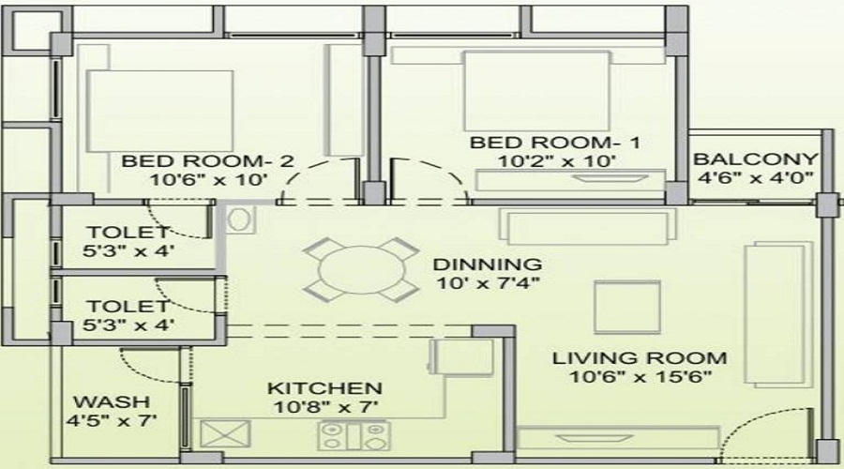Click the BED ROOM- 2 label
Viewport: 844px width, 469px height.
tap(208, 161)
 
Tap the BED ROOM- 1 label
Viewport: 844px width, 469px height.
tap(555, 143)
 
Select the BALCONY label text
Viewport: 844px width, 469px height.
tap(755, 159)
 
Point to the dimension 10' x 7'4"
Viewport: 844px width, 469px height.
tap(488, 282)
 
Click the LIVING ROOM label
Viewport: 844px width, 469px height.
tap(640, 358)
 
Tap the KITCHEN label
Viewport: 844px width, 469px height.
tap(325, 388)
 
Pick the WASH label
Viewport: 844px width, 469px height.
tap(112, 401)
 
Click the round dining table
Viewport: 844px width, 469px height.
tap(361, 270)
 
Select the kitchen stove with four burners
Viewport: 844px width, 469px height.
tap(354, 435)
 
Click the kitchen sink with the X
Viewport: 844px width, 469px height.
tap(225, 434)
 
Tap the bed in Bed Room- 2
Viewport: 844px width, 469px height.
tap(160, 111)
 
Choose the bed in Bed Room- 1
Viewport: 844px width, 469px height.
tap(536, 90)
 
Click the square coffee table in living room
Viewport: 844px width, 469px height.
tap(627, 307)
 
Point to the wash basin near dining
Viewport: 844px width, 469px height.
tap(240, 219)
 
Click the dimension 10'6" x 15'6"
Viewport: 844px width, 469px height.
tap(640, 377)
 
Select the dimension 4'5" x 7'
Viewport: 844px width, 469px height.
tap(112, 420)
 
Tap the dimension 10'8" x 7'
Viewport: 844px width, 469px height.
tap(325, 406)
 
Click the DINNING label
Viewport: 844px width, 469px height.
tap(488, 265)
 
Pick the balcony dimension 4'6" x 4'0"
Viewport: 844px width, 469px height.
tap(755, 177)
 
